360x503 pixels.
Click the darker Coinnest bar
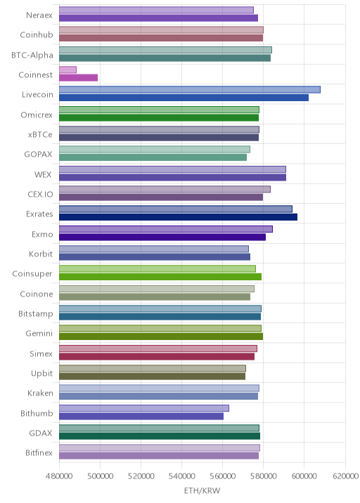click(78, 78)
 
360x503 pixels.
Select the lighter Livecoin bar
click(190, 90)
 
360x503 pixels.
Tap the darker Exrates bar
click(178, 217)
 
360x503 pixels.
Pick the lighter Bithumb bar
click(144, 408)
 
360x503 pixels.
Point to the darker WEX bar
click(172, 178)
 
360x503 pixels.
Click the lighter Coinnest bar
click(67, 70)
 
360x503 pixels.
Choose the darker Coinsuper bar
click(160, 277)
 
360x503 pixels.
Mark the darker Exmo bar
click(162, 237)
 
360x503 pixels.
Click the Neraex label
click(39, 15)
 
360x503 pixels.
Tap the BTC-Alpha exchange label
click(32, 55)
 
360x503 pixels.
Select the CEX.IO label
click(40, 195)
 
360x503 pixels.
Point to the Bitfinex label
click(39, 452)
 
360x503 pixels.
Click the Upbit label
click(41, 374)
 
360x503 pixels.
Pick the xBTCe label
click(40, 135)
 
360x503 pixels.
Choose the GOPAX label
click(38, 155)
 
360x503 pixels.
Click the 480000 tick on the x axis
click(59, 476)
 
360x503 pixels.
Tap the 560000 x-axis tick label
click(223, 476)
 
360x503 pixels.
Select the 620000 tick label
click(345, 476)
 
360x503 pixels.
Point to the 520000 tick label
click(141, 476)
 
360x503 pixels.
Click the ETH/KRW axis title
click(202, 490)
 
